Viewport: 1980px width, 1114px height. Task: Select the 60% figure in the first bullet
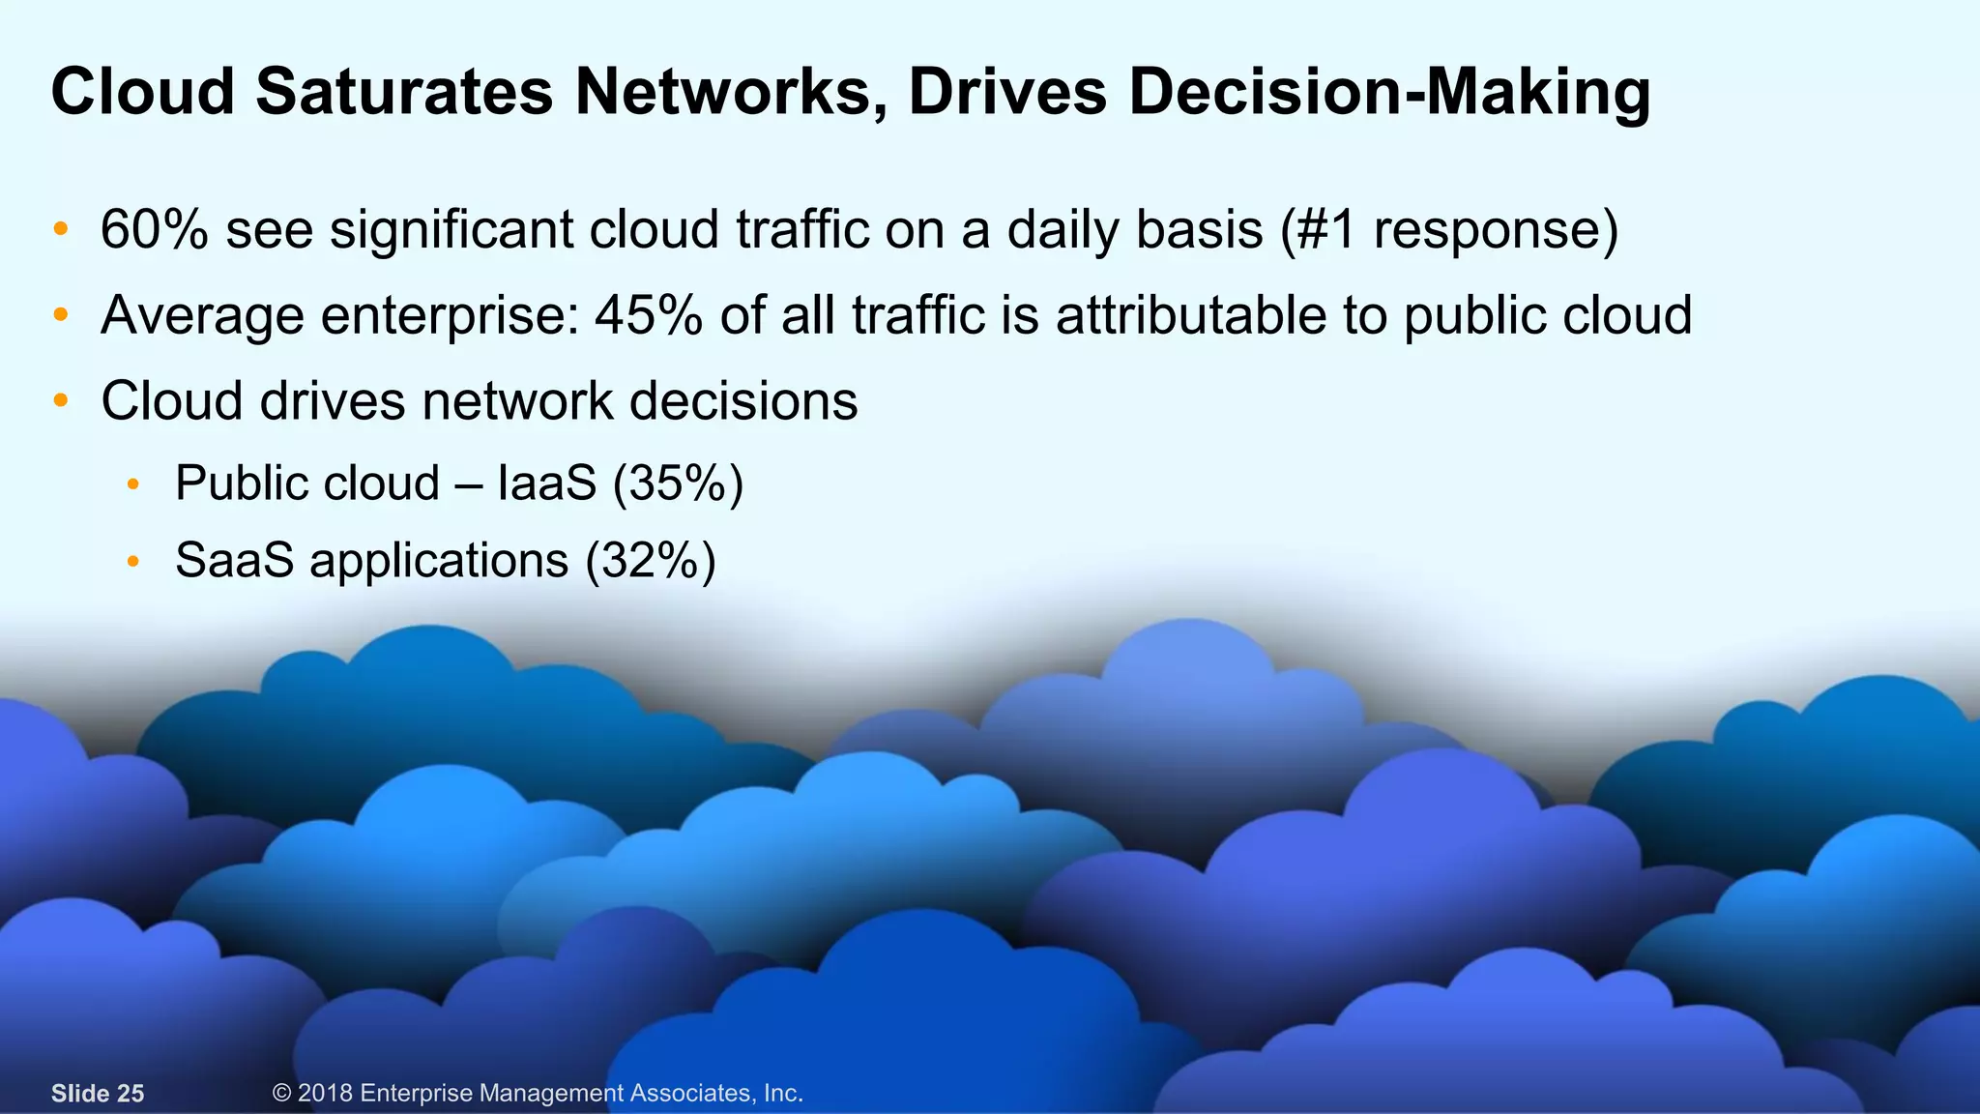pyautogui.click(x=154, y=230)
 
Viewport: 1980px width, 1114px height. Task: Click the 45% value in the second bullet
pyautogui.click(x=648, y=315)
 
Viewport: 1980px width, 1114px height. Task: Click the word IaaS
pyautogui.click(x=546, y=483)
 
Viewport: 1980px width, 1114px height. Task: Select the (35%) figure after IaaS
pyautogui.click(x=678, y=483)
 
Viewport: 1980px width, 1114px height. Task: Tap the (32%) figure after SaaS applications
pyautogui.click(x=651, y=560)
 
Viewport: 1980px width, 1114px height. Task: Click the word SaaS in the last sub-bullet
pyautogui.click(x=235, y=560)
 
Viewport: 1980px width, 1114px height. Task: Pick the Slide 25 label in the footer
pyautogui.click(x=98, y=1094)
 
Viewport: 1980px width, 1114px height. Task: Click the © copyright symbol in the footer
pyautogui.click(x=281, y=1094)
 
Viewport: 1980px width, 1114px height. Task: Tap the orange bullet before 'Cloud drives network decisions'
pyautogui.click(x=61, y=400)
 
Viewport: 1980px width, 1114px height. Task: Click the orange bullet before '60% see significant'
pyautogui.click(x=61, y=230)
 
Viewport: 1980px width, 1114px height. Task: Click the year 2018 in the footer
pyautogui.click(x=325, y=1094)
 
